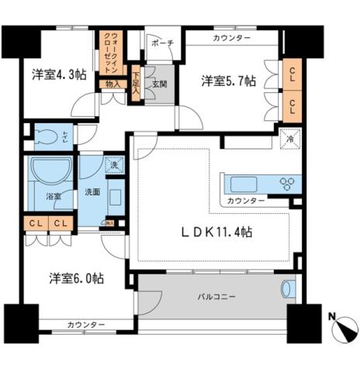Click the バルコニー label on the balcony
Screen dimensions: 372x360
point(210,295)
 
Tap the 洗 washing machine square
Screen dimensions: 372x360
point(113,164)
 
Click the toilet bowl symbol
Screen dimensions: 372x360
point(51,138)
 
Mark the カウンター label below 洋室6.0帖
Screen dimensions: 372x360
point(86,324)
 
